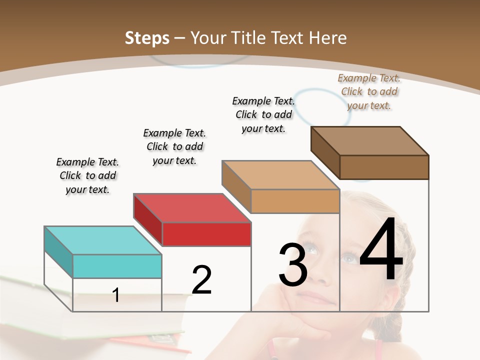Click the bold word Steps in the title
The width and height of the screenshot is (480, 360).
(147, 38)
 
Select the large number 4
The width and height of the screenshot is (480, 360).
(381, 251)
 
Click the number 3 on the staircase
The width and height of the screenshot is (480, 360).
(293, 265)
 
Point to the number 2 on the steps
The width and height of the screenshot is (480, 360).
(202, 279)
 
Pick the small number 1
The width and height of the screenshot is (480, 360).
(116, 295)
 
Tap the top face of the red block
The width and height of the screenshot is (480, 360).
(192, 207)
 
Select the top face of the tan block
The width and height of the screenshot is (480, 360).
(280, 174)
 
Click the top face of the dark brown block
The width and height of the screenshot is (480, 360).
(370, 140)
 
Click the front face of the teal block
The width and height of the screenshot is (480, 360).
(117, 266)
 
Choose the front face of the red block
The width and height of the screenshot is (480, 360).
(206, 234)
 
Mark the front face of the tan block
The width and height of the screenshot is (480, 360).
(295, 201)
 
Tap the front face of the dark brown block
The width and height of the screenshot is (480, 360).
(384, 167)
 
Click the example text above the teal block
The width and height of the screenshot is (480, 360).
(87, 175)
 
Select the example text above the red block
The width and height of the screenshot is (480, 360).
(174, 146)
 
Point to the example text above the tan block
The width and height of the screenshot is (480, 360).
(263, 114)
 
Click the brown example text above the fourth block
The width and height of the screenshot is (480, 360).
(369, 91)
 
